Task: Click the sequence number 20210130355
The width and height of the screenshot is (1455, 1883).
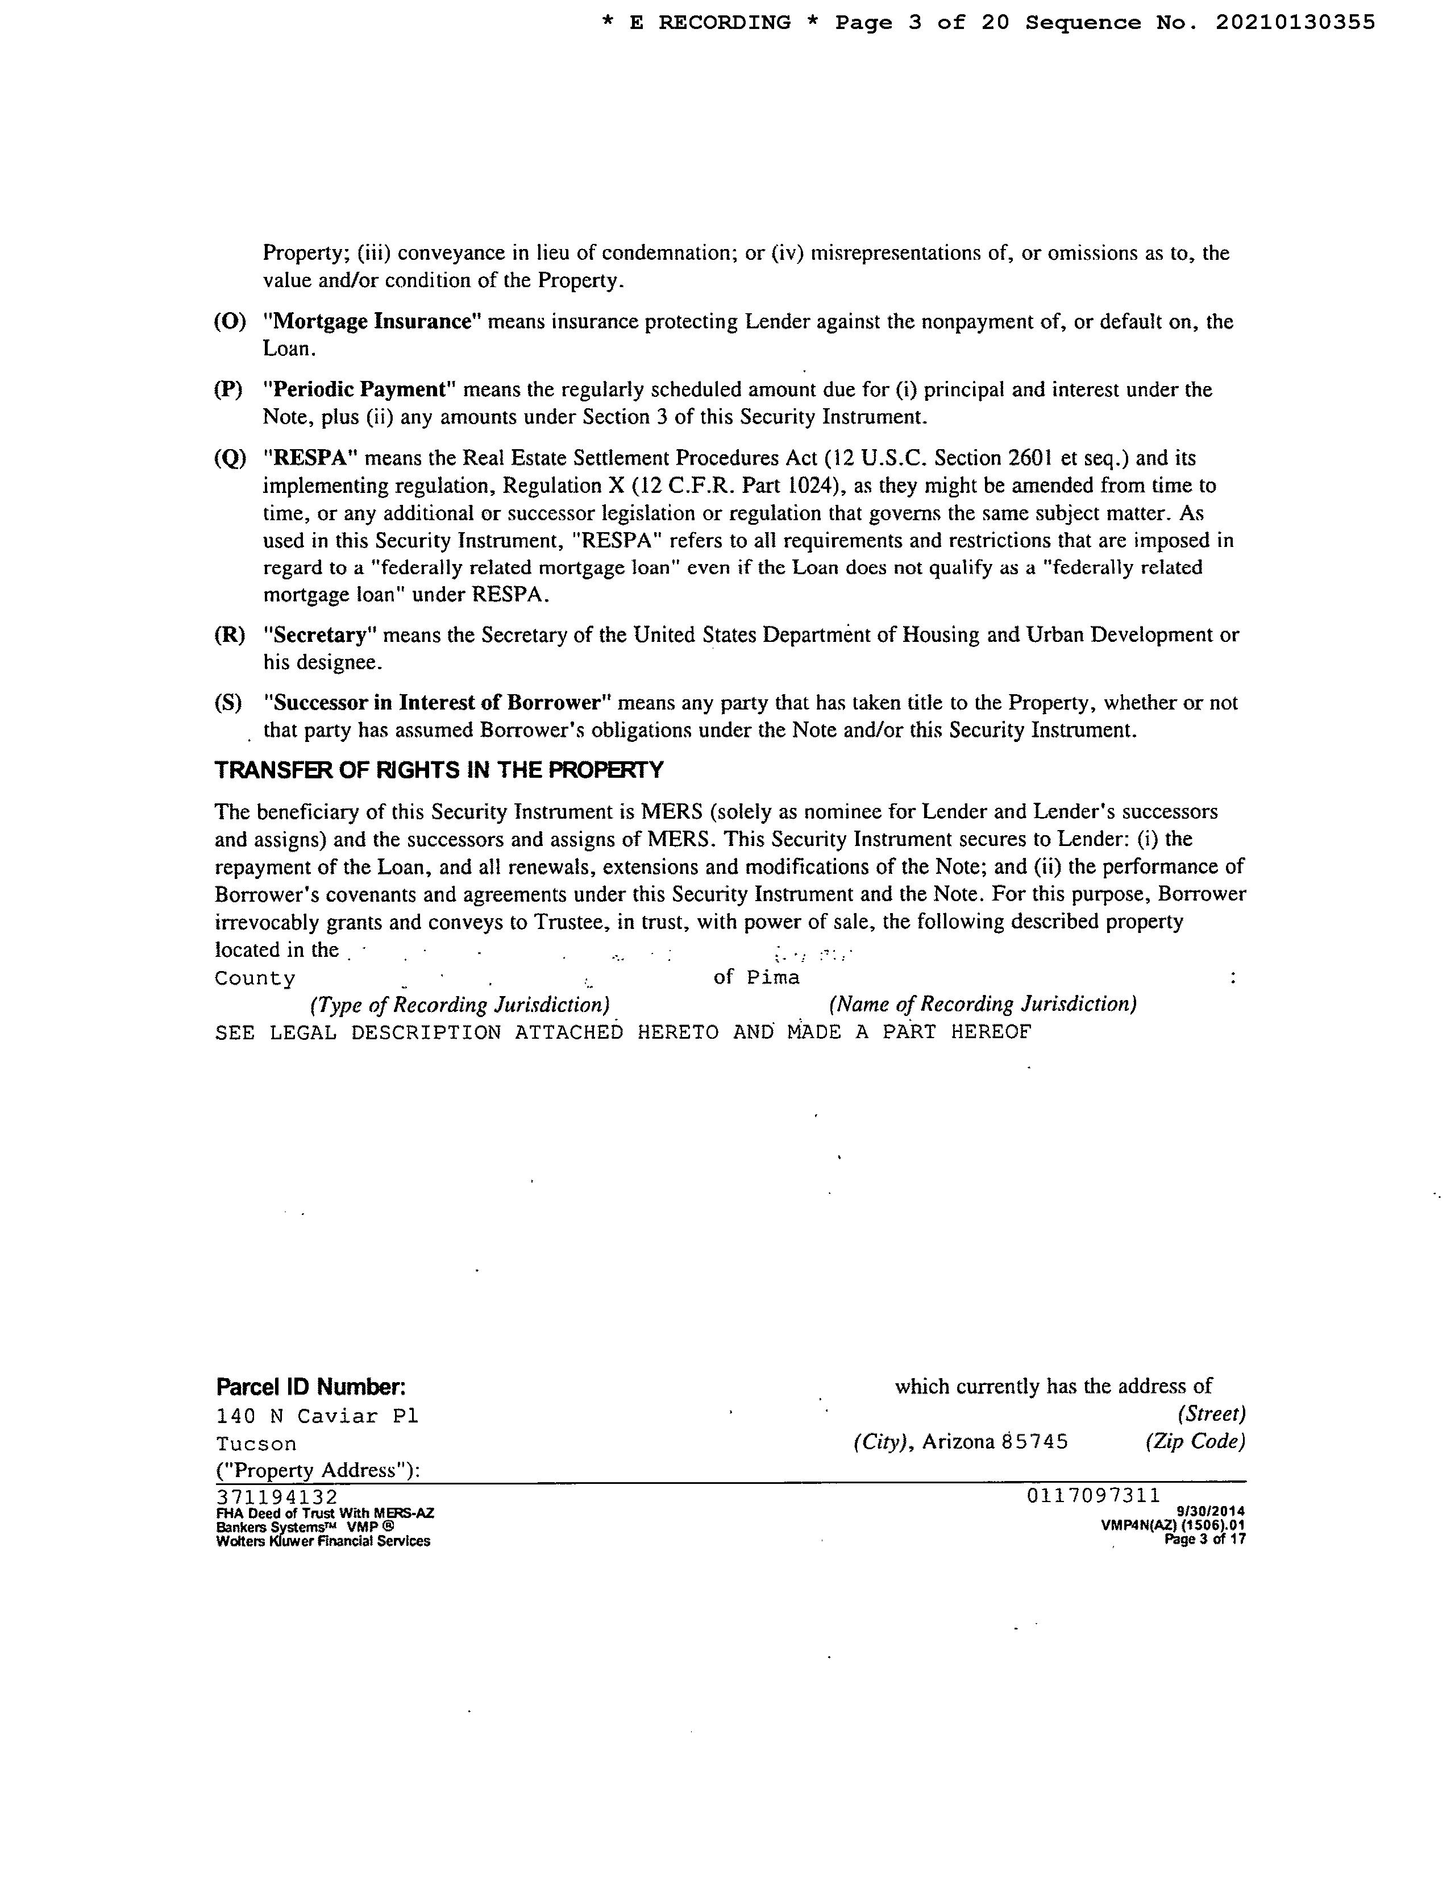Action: tap(1295, 23)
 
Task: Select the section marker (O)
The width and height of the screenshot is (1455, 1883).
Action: tap(229, 322)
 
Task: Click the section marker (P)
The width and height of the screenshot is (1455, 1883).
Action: tap(228, 389)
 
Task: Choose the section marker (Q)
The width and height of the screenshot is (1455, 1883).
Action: tap(229, 458)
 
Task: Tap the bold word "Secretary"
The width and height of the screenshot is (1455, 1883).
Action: tap(320, 636)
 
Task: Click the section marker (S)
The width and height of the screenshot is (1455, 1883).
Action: tap(228, 703)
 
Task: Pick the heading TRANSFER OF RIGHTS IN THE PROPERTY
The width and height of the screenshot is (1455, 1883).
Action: tap(439, 770)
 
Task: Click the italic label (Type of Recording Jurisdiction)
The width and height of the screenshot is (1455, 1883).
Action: tap(460, 1005)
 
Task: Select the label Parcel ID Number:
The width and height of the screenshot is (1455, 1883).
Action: tap(310, 1387)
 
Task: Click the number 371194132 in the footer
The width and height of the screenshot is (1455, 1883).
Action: tap(277, 1497)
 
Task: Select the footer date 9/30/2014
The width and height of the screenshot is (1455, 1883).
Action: tap(1210, 1511)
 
